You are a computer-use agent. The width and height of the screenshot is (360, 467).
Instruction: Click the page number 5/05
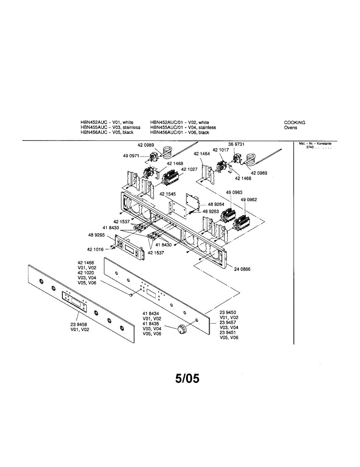[x=187, y=378]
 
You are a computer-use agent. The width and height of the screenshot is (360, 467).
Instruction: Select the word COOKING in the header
[x=295, y=123]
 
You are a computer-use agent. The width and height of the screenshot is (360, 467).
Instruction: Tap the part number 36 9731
[x=236, y=144]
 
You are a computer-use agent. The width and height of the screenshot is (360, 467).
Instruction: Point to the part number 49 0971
[x=131, y=156]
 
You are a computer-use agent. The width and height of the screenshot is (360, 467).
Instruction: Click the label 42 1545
[x=168, y=194]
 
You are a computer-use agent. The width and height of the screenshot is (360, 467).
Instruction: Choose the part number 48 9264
[x=216, y=204]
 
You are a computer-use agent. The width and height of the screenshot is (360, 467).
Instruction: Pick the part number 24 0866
[x=242, y=269]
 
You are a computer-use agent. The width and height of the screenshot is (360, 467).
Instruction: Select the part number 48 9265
[x=97, y=235]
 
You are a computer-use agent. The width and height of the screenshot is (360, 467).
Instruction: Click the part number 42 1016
[x=95, y=249]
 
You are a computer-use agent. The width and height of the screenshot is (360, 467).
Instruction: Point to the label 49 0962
[x=249, y=200]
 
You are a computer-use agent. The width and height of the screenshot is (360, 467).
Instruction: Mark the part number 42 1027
[x=189, y=169]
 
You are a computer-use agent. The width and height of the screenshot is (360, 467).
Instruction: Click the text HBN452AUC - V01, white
[x=107, y=123]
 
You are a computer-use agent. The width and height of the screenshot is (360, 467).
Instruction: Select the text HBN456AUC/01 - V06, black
[x=179, y=133]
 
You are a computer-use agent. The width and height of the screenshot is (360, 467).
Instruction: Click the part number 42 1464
[x=202, y=154]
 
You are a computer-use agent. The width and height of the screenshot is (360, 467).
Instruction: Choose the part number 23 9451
[x=228, y=333]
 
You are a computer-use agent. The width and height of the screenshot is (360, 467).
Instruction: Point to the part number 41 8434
[x=151, y=314]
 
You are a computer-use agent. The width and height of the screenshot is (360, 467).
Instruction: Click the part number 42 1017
[x=221, y=150]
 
